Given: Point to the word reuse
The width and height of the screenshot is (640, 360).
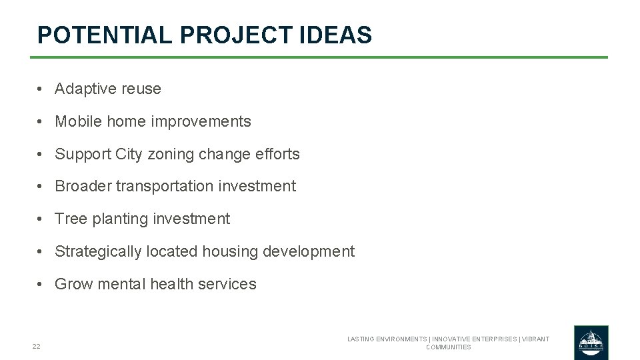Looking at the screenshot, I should [x=141, y=89].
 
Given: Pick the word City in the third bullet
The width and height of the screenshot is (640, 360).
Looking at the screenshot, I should [x=129, y=154].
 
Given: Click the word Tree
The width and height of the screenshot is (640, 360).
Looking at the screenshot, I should [x=71, y=219].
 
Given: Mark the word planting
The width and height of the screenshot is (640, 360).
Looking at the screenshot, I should [x=120, y=219].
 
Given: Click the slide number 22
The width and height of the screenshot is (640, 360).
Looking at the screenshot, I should [x=36, y=346].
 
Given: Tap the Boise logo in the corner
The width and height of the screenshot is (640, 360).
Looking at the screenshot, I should [x=591, y=343].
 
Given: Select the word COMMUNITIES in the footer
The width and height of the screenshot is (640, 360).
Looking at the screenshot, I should [x=448, y=347].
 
